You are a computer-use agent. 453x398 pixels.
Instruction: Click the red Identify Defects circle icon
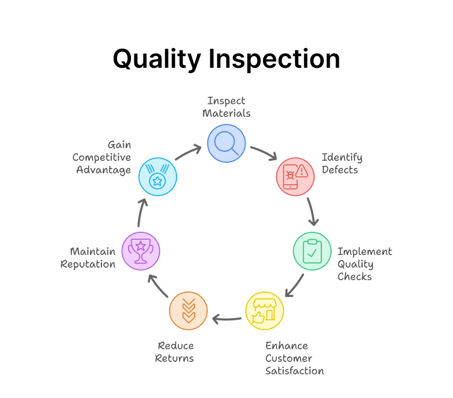pyautogui.click(x=295, y=176)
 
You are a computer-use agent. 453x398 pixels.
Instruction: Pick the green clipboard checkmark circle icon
pyautogui.click(x=312, y=251)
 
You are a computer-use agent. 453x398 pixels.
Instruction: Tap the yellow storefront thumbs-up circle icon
pyautogui.click(x=265, y=311)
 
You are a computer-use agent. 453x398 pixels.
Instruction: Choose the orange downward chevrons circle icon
pyautogui.click(x=188, y=311)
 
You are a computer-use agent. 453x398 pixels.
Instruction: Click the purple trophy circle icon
pyautogui.click(x=141, y=251)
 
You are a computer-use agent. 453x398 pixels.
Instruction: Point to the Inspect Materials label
pyautogui.click(x=226, y=107)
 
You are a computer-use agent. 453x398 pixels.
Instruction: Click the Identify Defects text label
pyautogui.click(x=342, y=163)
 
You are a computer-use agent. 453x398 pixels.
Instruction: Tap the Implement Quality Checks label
pyautogui.click(x=364, y=264)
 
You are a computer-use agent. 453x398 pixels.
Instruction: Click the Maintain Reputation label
pyautogui.click(x=93, y=258)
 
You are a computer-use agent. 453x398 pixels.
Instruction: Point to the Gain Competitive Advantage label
pyautogui.click(x=102, y=158)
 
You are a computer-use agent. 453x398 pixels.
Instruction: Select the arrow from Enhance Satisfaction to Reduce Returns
pyautogui.click(x=226, y=318)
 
